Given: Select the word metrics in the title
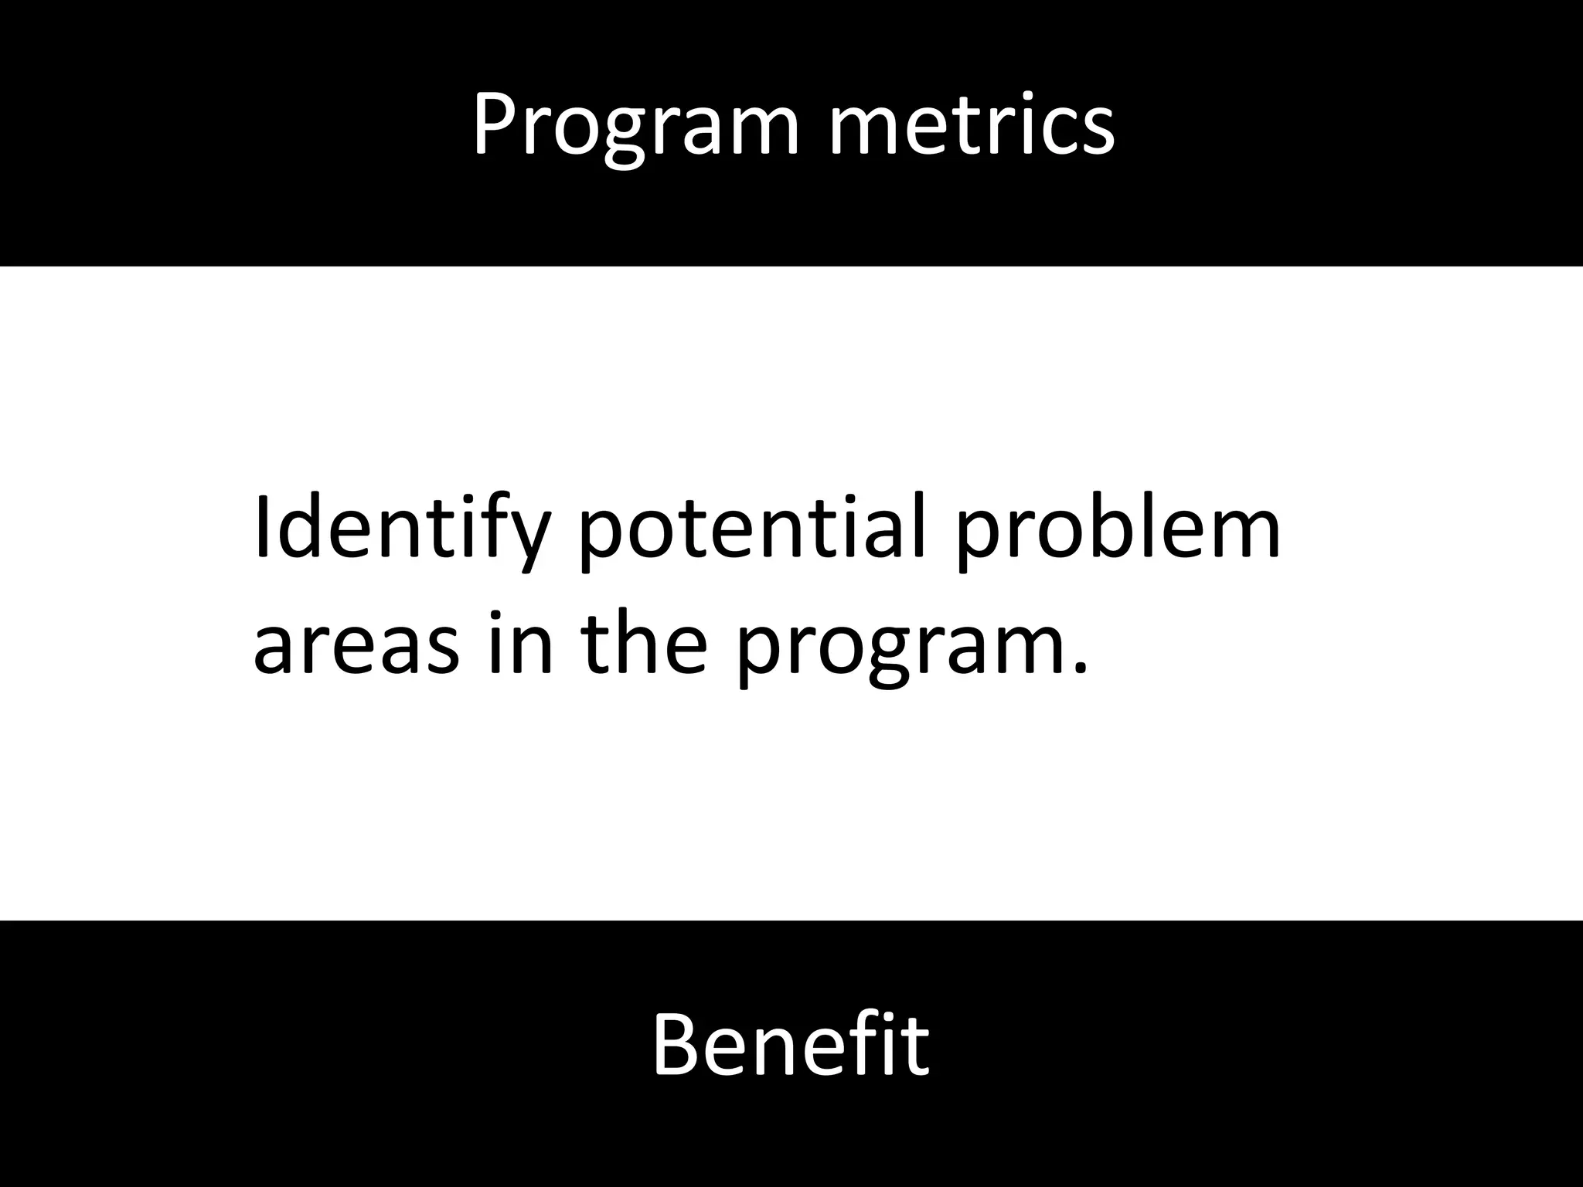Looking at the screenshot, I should tap(972, 124).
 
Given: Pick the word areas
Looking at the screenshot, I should tap(356, 645).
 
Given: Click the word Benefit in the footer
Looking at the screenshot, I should tap(791, 1045).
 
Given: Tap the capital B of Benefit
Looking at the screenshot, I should tap(677, 1045).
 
